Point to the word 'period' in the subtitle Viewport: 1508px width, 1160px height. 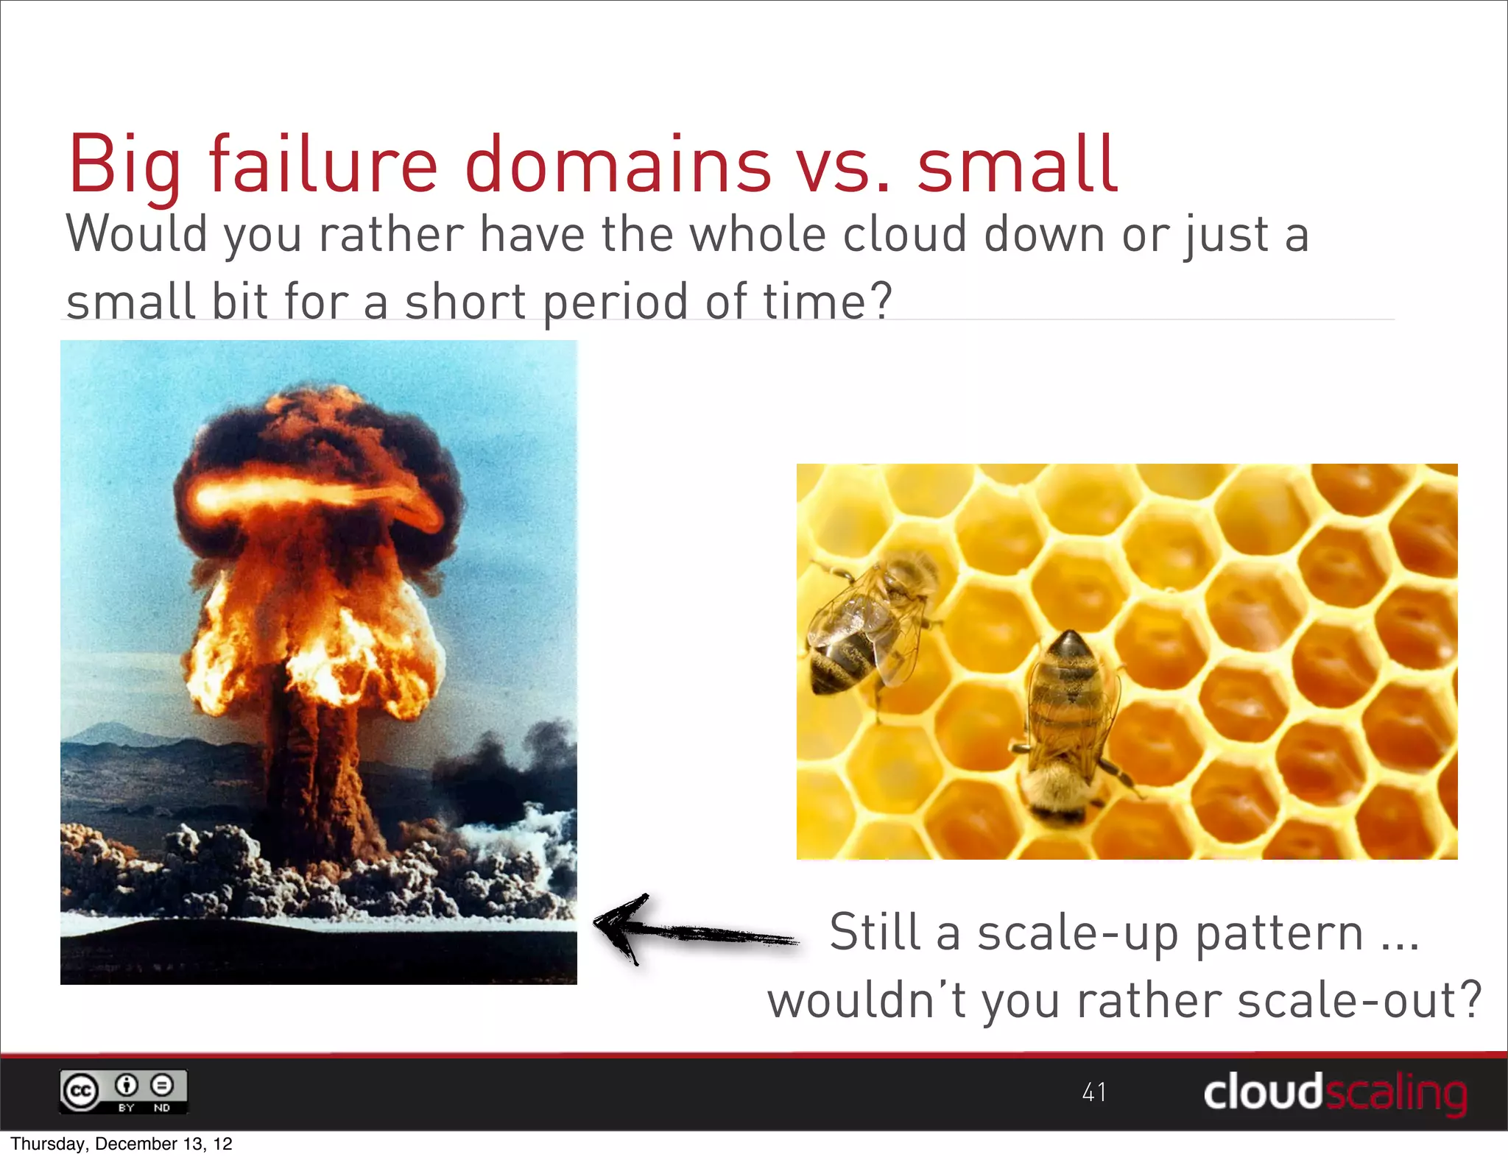616,302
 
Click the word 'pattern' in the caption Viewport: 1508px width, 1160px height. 1279,933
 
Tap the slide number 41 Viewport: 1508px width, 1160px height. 1093,1092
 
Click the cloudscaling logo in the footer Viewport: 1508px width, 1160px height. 1334,1092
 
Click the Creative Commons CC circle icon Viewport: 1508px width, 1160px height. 80,1092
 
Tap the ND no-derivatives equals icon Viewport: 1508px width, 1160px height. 162,1086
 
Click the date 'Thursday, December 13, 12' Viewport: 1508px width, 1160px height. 121,1144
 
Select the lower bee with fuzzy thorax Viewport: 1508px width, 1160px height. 1068,729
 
